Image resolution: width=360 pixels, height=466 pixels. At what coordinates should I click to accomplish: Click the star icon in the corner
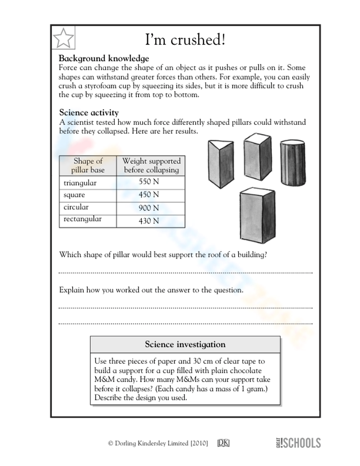point(63,37)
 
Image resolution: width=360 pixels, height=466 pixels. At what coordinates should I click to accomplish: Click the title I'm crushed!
point(185,40)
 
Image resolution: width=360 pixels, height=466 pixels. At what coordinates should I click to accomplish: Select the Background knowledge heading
point(104,58)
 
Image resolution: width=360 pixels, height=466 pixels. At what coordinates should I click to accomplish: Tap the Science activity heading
point(89,112)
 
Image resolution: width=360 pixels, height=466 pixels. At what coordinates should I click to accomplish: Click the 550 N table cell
point(149,182)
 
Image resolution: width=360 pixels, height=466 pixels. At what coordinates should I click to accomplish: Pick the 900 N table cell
point(149,208)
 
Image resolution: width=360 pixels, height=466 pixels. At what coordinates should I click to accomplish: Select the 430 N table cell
point(149,221)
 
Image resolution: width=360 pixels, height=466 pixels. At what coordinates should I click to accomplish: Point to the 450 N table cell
point(149,195)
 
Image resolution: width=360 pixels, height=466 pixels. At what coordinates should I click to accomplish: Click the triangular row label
point(80,183)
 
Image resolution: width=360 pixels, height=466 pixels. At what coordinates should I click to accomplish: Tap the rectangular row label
point(82,219)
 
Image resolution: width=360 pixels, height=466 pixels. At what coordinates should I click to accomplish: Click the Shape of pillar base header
point(88,166)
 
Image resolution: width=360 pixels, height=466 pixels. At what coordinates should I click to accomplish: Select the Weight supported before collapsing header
point(151,166)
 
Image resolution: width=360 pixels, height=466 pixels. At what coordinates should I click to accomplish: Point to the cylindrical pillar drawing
point(293,163)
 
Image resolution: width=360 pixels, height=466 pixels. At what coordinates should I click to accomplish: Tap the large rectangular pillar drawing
point(257,214)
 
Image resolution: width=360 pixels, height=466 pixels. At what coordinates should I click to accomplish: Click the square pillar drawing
point(257,155)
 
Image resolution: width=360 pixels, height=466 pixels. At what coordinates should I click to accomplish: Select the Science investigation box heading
point(185,345)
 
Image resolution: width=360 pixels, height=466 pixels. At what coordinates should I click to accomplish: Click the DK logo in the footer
point(223,443)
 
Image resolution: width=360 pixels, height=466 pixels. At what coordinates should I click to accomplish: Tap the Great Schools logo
point(298,443)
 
